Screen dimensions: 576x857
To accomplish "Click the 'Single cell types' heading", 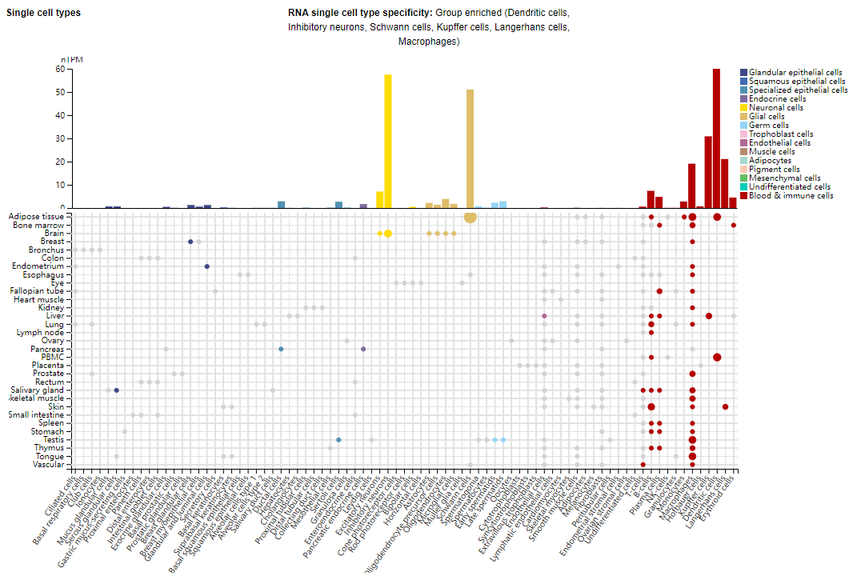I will [43, 13].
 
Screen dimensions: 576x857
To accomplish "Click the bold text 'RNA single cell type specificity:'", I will [359, 13].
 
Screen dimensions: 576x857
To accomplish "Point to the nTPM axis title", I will [72, 60].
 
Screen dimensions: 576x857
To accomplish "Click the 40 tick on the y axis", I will [59, 116].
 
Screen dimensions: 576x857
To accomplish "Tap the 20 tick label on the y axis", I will [59, 162].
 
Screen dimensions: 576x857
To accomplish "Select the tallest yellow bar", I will [388, 141].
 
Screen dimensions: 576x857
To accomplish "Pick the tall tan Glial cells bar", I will [470, 148].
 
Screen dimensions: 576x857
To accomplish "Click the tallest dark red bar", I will [716, 138].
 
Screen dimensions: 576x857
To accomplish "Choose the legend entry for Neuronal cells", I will [776, 107].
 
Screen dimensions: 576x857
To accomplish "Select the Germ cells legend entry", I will [768, 125].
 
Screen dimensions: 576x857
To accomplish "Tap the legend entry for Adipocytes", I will [771, 160].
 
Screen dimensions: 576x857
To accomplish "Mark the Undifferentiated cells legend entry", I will [789, 186].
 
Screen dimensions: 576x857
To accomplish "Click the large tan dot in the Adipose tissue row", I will [470, 217].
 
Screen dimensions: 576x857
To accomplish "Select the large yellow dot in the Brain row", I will [388, 234].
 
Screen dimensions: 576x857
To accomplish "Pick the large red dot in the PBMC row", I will [717, 357].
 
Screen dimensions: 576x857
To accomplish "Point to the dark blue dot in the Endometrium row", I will [207, 266].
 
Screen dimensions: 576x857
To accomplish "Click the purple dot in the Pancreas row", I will [363, 349].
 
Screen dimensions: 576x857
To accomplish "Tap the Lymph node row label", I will [42, 332].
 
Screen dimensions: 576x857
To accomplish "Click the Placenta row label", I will [48, 365].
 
